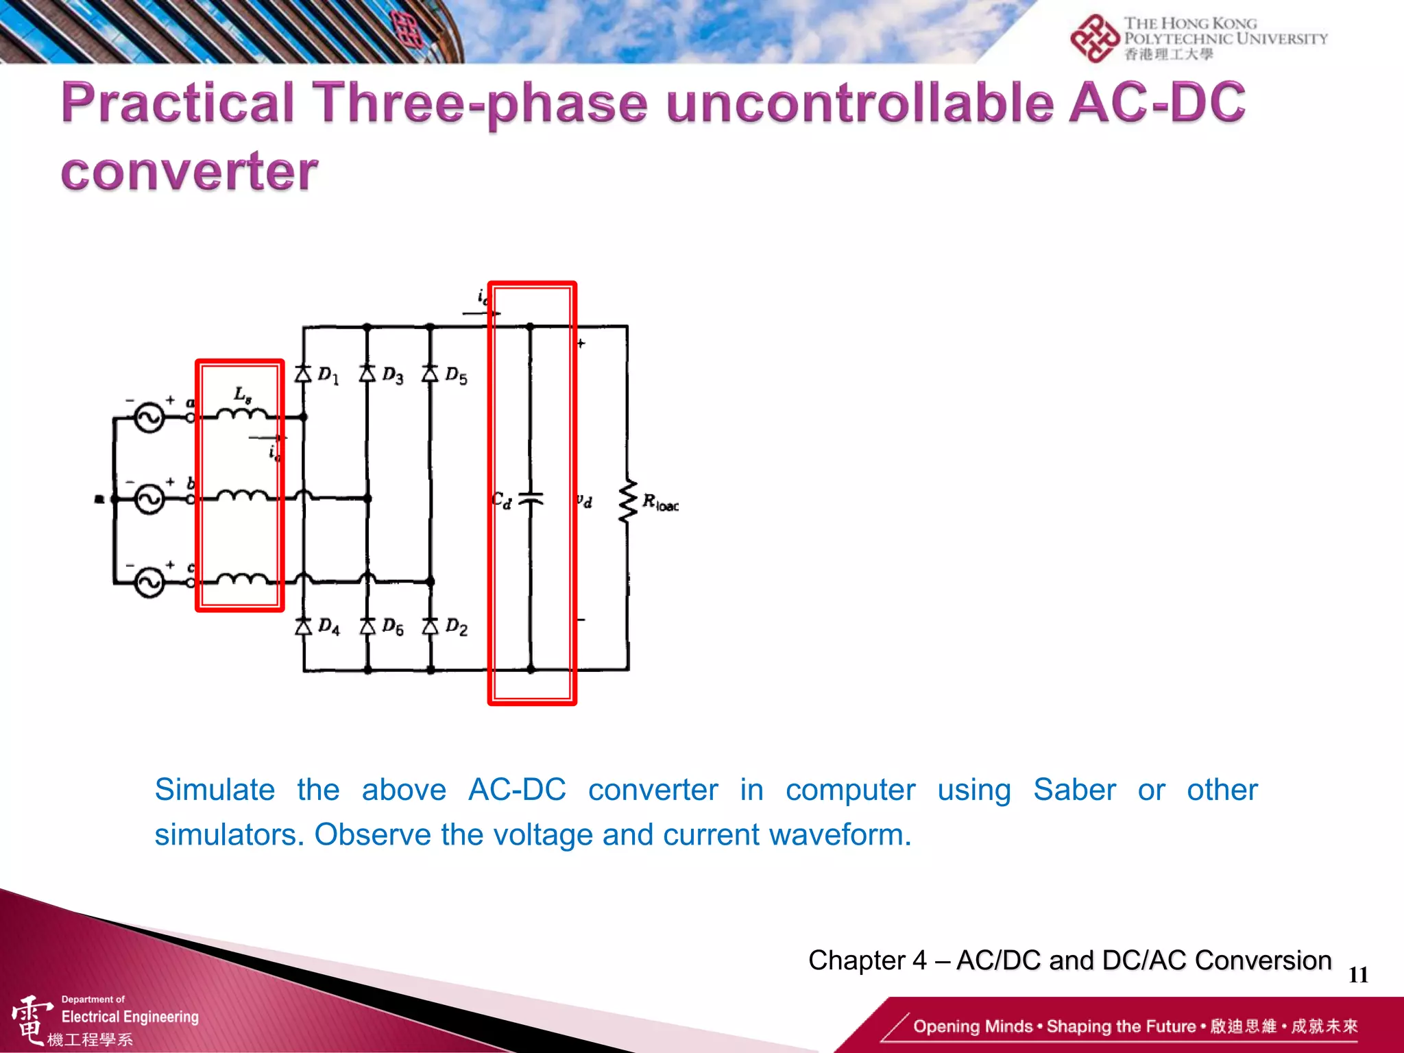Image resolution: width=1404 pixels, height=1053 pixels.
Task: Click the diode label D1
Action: (x=328, y=375)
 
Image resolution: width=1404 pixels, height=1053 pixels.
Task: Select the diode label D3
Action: (x=393, y=375)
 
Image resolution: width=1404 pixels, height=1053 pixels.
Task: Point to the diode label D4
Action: (x=329, y=627)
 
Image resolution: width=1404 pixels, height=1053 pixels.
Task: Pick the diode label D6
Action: (x=393, y=627)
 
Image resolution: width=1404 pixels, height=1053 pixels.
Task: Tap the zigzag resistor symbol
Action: (x=627, y=501)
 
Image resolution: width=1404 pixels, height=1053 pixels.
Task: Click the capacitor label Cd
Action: (x=501, y=500)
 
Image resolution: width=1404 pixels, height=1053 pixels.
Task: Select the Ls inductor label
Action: (x=243, y=395)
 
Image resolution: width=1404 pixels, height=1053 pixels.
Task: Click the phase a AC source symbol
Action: (x=149, y=417)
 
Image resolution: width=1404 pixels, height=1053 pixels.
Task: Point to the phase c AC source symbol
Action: (x=149, y=583)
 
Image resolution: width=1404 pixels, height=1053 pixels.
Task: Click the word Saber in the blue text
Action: (x=1074, y=790)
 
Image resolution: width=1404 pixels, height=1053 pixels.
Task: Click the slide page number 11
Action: (x=1358, y=975)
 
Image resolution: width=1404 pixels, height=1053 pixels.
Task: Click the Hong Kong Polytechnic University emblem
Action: (x=1094, y=38)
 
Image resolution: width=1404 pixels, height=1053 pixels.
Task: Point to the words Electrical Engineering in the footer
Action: (x=130, y=1017)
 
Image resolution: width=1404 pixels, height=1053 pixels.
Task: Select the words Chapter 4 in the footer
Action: (x=867, y=960)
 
